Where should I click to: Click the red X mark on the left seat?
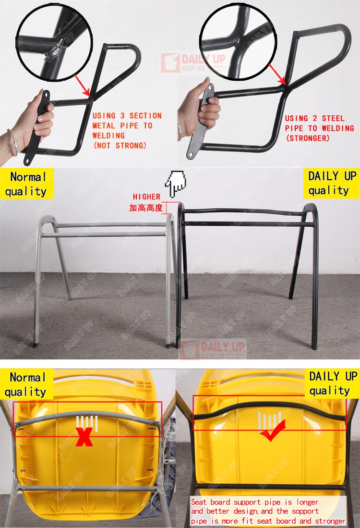[84, 438]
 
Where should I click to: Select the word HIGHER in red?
[146, 196]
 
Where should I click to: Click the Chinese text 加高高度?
[146, 208]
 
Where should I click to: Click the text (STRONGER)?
[308, 138]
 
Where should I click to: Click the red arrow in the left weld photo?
[82, 86]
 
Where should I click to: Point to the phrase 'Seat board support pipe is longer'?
[247, 502]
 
